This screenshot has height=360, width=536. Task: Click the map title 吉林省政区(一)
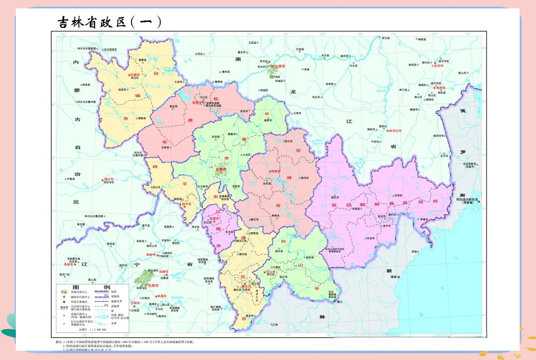pyautogui.click(x=109, y=22)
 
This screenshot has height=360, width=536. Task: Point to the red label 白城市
pyautogui.click(x=134, y=74)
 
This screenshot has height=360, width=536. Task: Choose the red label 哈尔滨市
pyautogui.click(x=278, y=66)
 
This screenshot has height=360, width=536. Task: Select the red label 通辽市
pyautogui.click(x=109, y=179)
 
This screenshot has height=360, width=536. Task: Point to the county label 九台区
pyautogui.click(x=246, y=154)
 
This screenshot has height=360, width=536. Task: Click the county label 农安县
pyautogui.click(x=216, y=137)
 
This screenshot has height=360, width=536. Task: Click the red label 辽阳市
pyautogui.click(x=135, y=303)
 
